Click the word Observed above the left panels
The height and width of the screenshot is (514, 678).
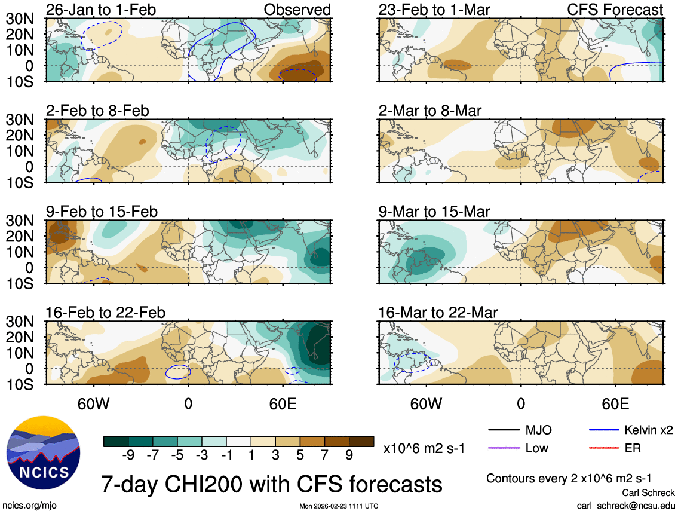[x=297, y=10]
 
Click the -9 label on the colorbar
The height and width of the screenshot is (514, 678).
[x=127, y=455]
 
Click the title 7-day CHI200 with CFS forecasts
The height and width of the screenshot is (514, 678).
[x=271, y=483]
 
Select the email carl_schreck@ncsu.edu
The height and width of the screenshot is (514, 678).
[x=626, y=505]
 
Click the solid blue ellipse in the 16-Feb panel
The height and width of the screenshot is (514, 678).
[x=178, y=372]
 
